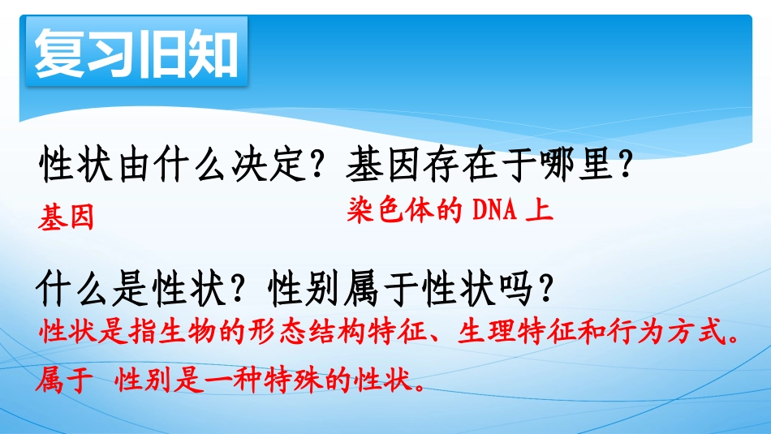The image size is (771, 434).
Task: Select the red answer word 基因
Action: click(67, 217)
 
